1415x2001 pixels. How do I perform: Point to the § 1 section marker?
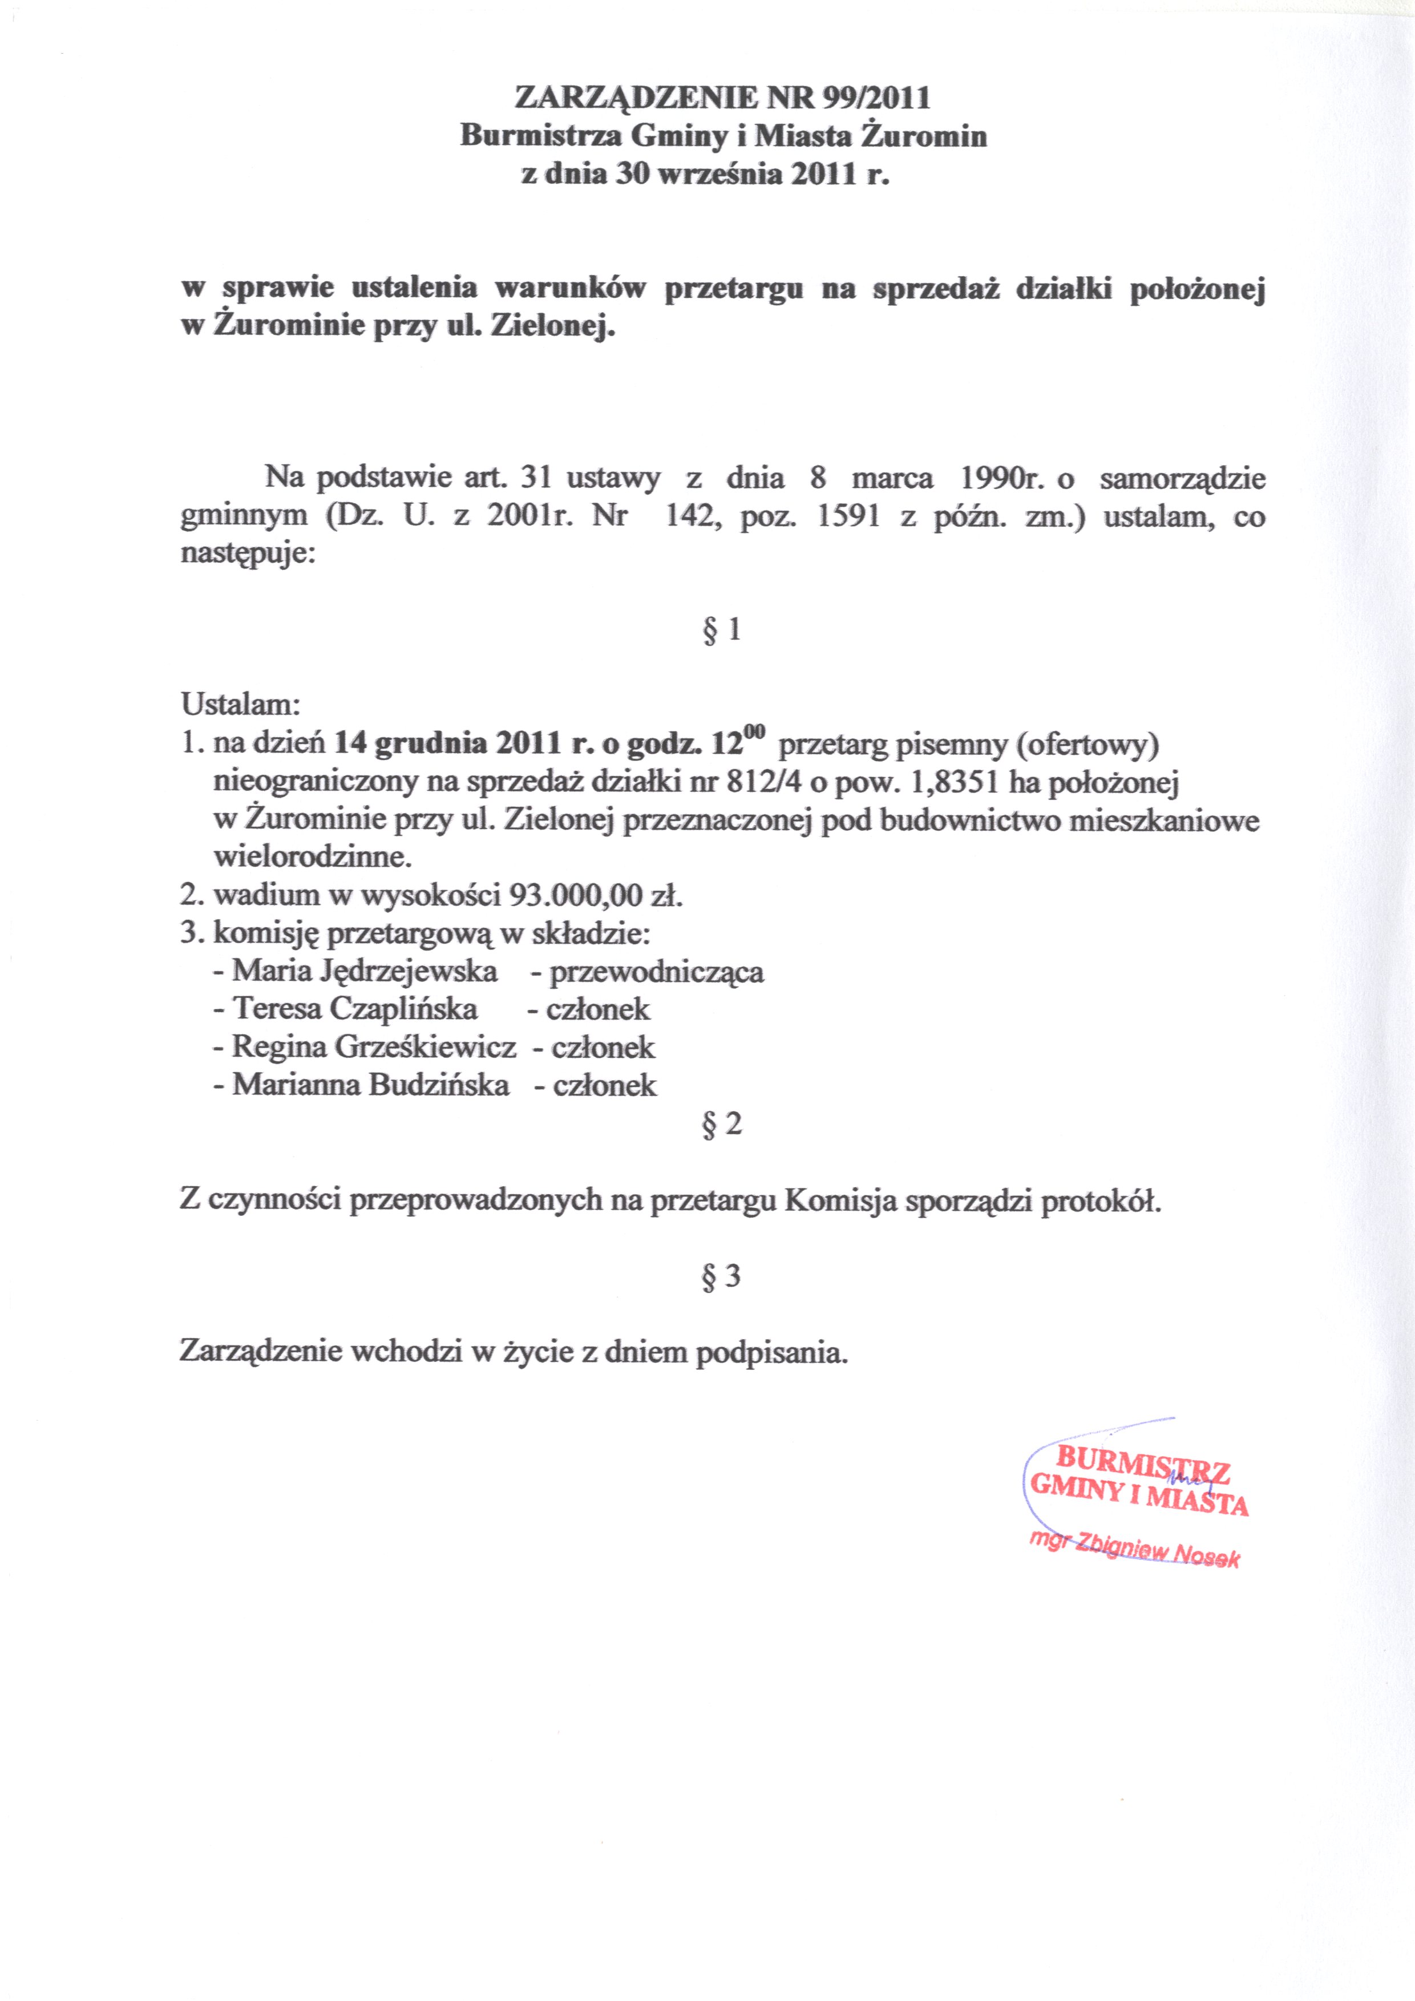pyautogui.click(x=721, y=629)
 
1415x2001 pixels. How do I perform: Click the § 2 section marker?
pyautogui.click(x=721, y=1123)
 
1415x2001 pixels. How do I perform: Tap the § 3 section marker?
pyautogui.click(x=721, y=1276)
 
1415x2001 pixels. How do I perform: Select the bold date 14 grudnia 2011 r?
pyautogui.click(x=460, y=743)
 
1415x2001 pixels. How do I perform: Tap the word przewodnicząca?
pyautogui.click(x=656, y=972)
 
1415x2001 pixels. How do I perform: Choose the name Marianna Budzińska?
pyautogui.click(x=371, y=1085)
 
